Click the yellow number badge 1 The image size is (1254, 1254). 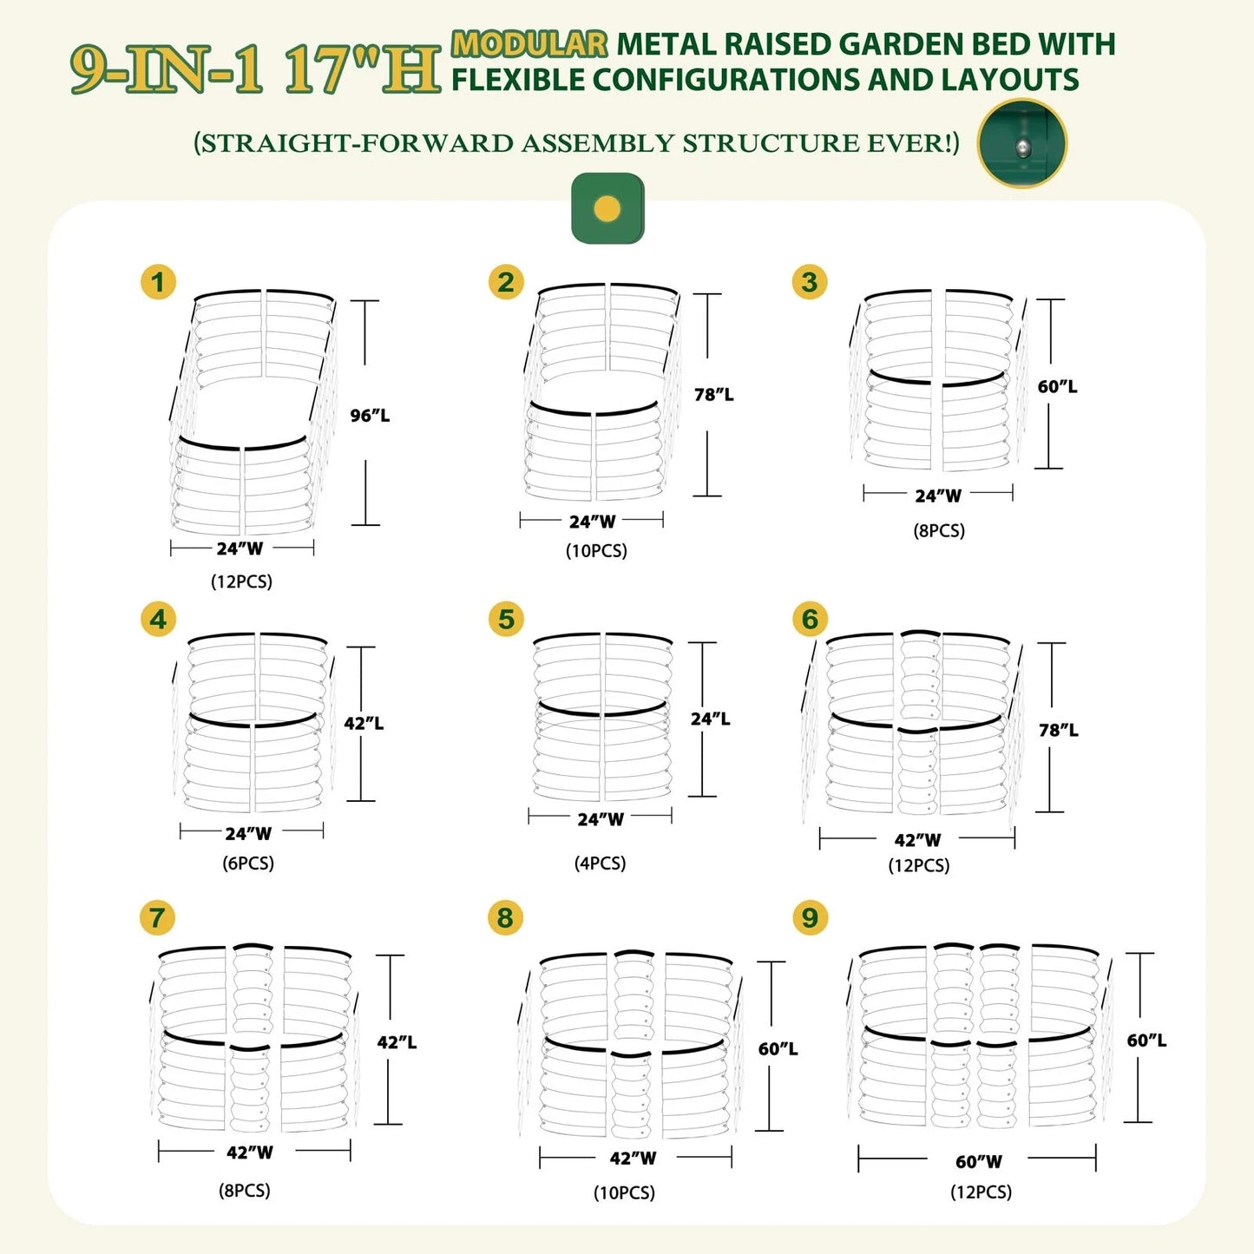[158, 282]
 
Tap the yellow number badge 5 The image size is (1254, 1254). [507, 620]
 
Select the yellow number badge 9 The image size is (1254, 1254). [810, 917]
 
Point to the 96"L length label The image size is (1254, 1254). [370, 416]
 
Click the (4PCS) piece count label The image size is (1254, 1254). [600, 863]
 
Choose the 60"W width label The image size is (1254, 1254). [979, 1161]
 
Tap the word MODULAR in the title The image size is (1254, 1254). [529, 43]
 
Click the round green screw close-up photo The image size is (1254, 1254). [1022, 143]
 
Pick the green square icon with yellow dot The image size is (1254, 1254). [607, 208]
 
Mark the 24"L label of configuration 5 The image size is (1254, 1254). [710, 719]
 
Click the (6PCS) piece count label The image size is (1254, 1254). [248, 863]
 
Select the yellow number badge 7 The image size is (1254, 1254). [157, 917]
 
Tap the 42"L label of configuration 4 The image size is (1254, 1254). [364, 723]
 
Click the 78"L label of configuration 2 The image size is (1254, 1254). [713, 395]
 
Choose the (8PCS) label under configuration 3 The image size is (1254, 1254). [938, 530]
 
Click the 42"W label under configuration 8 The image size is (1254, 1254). [633, 1158]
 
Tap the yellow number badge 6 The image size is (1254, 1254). [810, 620]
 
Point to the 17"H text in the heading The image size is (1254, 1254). [363, 69]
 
